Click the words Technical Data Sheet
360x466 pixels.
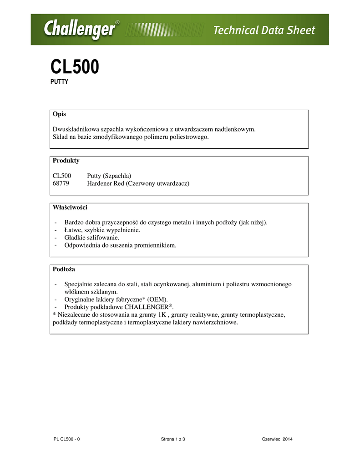click(x=264, y=30)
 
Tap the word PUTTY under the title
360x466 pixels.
click(x=59, y=82)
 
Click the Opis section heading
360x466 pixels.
click(x=59, y=114)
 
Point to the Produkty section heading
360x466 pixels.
click(x=66, y=161)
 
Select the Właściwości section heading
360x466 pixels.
click(x=70, y=208)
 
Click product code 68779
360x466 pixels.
click(x=61, y=183)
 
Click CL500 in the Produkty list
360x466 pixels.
click(x=62, y=175)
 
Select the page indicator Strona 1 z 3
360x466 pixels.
click(x=173, y=439)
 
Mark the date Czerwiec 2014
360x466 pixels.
click(x=277, y=439)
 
